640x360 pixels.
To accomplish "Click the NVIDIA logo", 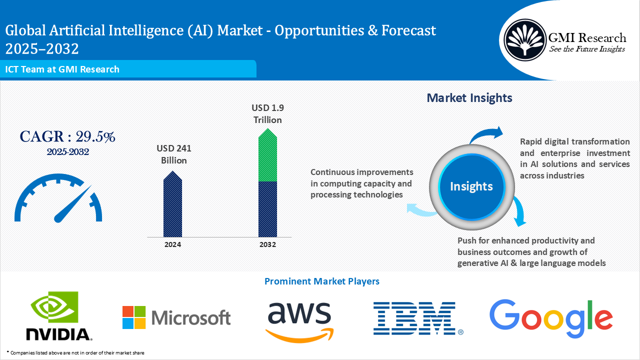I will point(59,316).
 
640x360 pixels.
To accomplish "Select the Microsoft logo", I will point(176,317).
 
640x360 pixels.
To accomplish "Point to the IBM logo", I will point(418,318).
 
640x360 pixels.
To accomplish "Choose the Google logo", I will point(550,318).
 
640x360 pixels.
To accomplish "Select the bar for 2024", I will point(172,204).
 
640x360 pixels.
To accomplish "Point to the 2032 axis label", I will point(267,244).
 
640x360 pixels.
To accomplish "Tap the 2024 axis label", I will point(172,244).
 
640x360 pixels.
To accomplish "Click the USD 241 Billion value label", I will point(173,154).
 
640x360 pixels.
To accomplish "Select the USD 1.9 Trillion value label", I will point(267,114).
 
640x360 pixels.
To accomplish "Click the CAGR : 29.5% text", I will point(67,136).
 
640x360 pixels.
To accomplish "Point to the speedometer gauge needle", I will point(72,204).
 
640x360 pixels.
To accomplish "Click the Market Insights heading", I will point(469,98).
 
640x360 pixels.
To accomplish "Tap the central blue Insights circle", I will point(471,186).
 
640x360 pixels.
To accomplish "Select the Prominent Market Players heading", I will point(321,281).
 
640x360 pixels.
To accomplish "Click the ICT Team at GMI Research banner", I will point(62,69).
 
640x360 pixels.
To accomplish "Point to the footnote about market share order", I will point(75,353).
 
